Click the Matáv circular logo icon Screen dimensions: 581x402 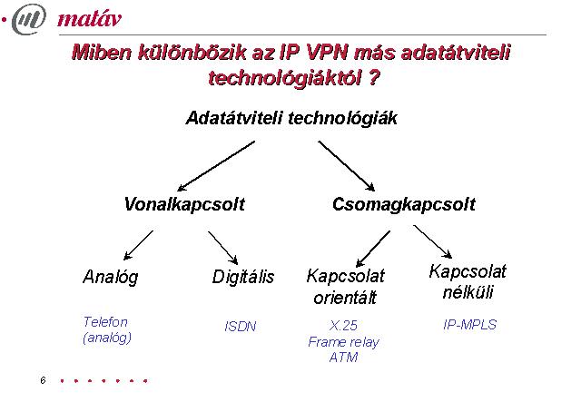coord(29,18)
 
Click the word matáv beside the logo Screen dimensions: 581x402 coord(90,18)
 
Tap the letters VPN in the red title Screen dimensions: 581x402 coord(327,53)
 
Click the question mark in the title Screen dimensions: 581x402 coord(375,78)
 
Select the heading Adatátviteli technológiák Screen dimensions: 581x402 coord(291,119)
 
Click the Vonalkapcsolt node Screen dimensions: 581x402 coord(184,204)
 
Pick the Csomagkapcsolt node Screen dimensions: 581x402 coord(404,204)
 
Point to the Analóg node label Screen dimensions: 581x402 coord(111,277)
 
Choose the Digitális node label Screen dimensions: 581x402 coord(243,277)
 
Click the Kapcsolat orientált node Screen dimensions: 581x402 coord(345,287)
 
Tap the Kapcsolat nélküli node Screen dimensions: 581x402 coord(468,282)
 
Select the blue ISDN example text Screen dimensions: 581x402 coord(241,327)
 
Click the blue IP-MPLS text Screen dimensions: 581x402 coord(470,325)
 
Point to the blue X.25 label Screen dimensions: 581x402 coord(343,326)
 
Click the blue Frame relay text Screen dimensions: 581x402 coord(343,342)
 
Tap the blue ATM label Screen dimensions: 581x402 coord(343,358)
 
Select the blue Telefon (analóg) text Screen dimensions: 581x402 coord(107,329)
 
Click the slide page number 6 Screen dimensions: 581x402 coord(43,380)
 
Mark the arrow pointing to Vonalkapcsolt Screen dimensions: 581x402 coord(216,166)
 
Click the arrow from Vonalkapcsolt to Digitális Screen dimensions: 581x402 coord(222,248)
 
